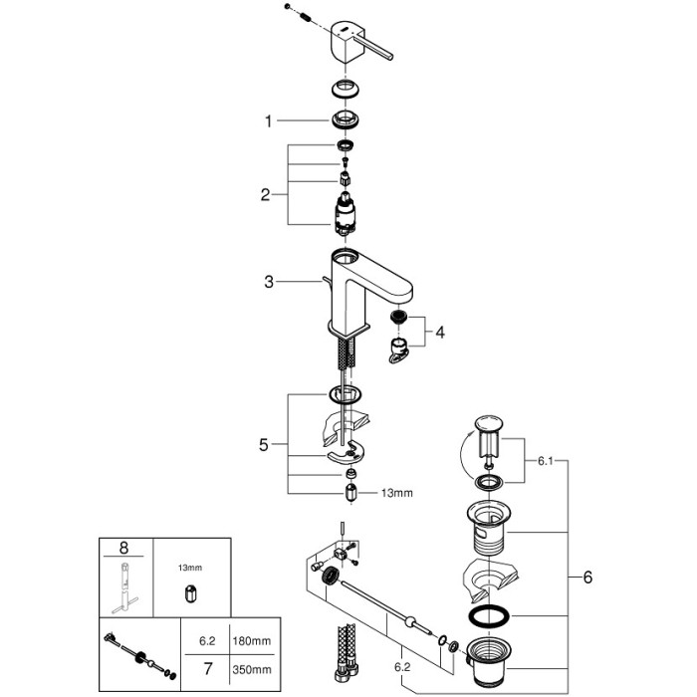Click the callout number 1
[268, 121]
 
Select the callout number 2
[266, 195]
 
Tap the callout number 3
[268, 282]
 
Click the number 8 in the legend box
[123, 547]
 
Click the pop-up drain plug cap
[487, 429]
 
